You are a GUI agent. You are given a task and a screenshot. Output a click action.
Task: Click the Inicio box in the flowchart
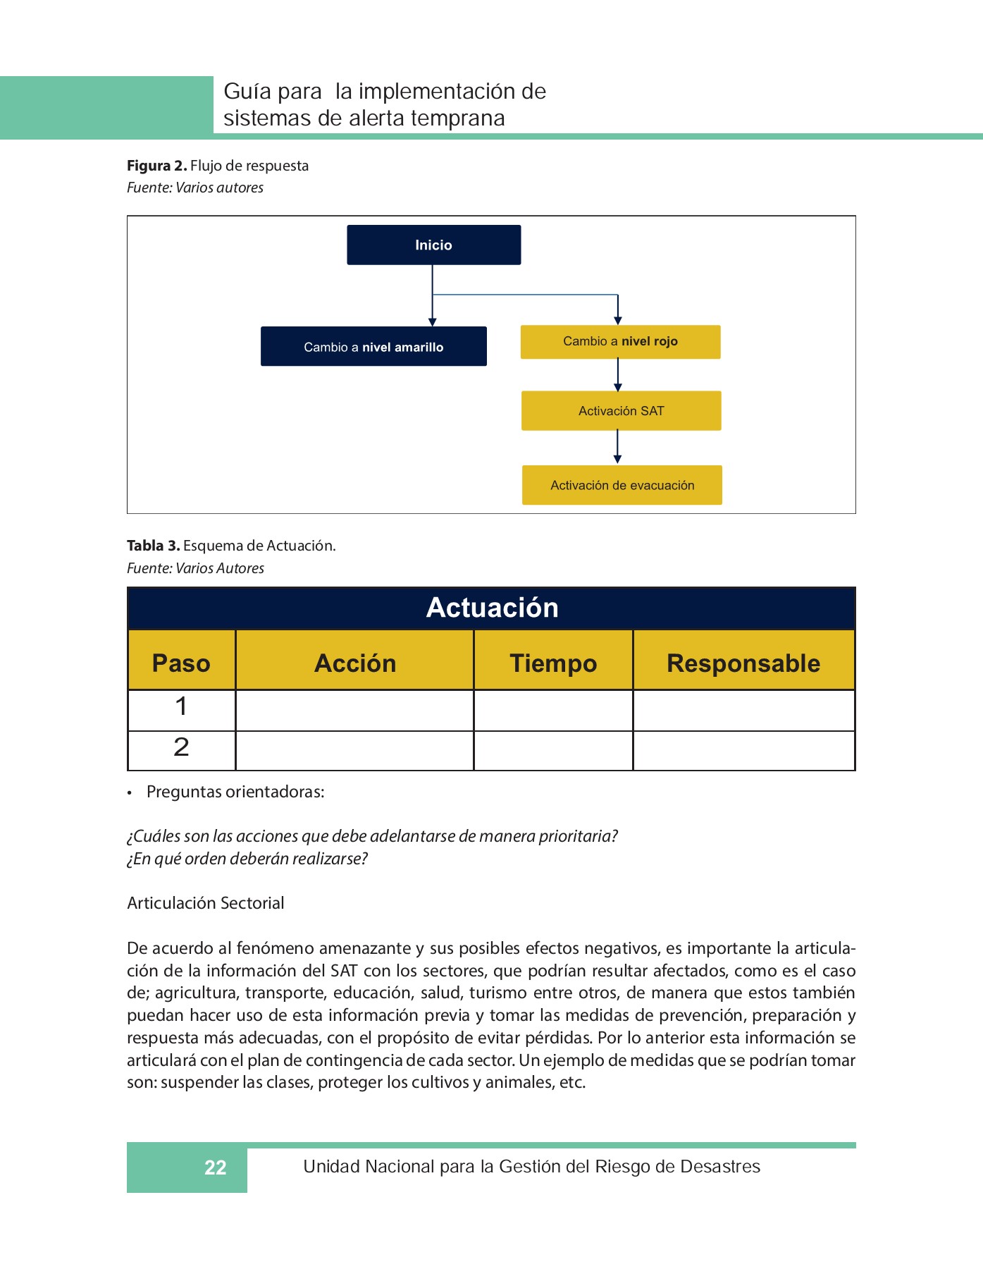[x=433, y=245]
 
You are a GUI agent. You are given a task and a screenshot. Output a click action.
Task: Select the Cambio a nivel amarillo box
[x=373, y=346]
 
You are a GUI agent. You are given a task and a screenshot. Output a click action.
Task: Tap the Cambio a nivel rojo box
[x=620, y=342]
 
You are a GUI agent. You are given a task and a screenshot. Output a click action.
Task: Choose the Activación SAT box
[x=621, y=411]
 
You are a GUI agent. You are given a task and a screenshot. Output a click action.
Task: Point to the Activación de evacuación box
[x=622, y=485]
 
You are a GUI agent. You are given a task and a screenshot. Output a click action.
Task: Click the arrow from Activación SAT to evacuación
[x=617, y=447]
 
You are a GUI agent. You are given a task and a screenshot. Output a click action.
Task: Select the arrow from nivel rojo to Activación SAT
[x=617, y=374]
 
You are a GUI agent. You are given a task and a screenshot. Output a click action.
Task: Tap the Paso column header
[x=181, y=663]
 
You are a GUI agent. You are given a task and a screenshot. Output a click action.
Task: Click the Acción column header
[x=354, y=663]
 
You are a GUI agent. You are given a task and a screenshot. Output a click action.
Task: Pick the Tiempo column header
[x=553, y=663]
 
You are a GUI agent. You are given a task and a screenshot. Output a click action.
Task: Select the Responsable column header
[x=743, y=663]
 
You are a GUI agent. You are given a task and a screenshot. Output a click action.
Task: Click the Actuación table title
[x=492, y=608]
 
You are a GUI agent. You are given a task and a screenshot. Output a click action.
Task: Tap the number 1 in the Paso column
[x=181, y=706]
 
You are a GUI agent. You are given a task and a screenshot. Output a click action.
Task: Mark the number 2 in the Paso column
[x=181, y=747]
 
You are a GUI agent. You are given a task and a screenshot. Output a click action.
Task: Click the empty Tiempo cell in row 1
[x=553, y=710]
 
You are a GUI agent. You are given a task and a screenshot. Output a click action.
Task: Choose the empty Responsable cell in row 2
[x=743, y=751]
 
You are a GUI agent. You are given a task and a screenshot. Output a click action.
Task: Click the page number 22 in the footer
[x=215, y=1167]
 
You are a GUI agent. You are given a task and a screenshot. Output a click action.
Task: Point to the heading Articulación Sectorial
[x=206, y=903]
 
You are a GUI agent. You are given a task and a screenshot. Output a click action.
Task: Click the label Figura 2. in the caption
[x=156, y=166]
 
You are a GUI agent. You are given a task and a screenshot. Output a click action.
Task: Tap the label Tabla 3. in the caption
[x=154, y=546]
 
